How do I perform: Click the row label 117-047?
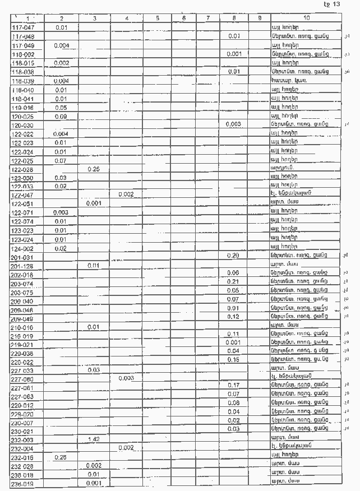point(23,27)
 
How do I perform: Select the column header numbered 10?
point(306,18)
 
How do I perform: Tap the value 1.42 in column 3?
point(94,439)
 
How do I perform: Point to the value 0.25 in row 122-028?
point(94,169)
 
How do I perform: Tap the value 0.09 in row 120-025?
point(62,116)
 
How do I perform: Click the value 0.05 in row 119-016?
point(62,108)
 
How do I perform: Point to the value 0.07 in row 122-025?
point(62,160)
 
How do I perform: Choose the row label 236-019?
point(23,483)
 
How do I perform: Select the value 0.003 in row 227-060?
point(126,378)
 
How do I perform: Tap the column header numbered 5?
point(158,18)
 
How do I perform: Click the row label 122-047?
point(23,195)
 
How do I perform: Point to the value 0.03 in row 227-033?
point(94,370)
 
